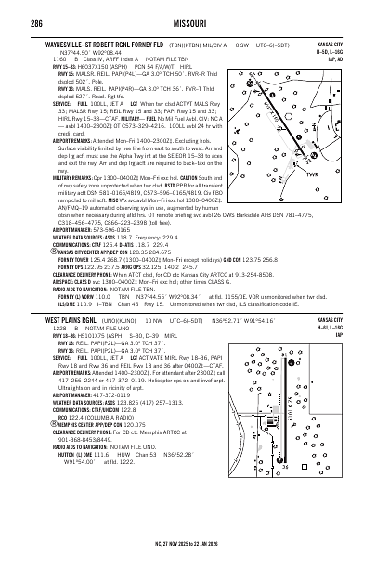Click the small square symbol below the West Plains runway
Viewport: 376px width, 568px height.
point(318,495)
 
